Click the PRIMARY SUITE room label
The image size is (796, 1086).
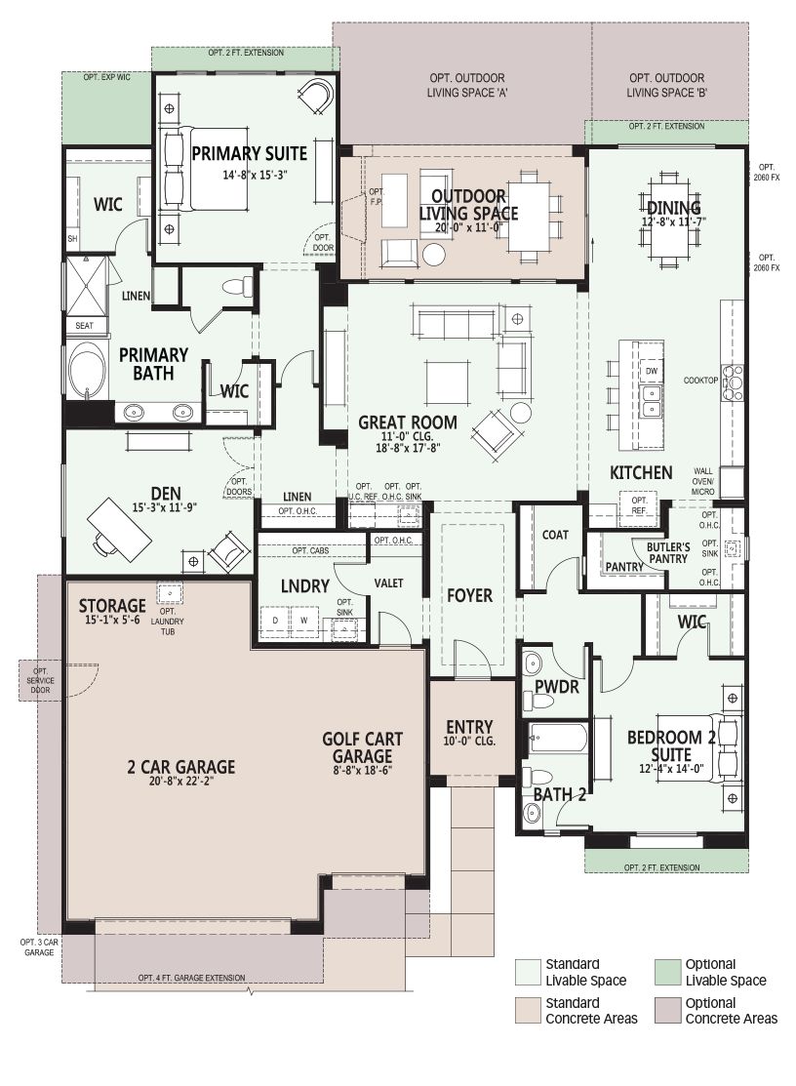click(x=249, y=153)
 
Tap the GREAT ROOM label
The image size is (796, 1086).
click(x=408, y=422)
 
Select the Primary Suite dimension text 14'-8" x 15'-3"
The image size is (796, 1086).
click(x=255, y=176)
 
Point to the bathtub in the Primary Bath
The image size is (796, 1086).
click(x=87, y=373)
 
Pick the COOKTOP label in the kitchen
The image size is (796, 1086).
click(x=700, y=381)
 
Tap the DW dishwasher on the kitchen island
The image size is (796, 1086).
click(x=652, y=371)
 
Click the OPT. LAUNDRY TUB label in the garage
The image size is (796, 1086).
click(x=168, y=622)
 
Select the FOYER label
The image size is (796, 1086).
click(x=469, y=595)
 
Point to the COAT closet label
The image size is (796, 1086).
click(x=555, y=535)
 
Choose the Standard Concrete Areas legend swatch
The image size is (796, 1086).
click(x=528, y=1011)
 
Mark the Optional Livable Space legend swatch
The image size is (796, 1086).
click(x=667, y=972)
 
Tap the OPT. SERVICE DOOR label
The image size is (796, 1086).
click(x=40, y=680)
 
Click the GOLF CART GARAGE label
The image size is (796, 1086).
click(x=362, y=747)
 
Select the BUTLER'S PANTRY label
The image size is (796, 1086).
click(x=668, y=552)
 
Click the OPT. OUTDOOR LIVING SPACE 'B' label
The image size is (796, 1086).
click(x=666, y=85)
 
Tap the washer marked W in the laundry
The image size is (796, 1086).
click(x=303, y=620)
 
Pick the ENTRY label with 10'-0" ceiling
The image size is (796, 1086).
click(x=469, y=733)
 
